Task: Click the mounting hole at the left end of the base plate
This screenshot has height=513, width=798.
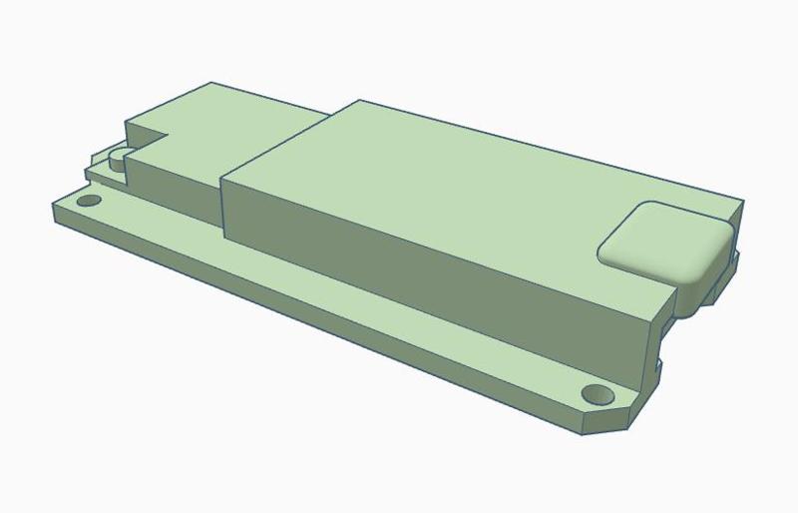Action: tap(89, 201)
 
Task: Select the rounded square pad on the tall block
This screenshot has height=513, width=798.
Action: tap(663, 241)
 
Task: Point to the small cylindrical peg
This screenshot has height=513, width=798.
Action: tap(119, 158)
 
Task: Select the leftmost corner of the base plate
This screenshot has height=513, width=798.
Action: tap(52, 204)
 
